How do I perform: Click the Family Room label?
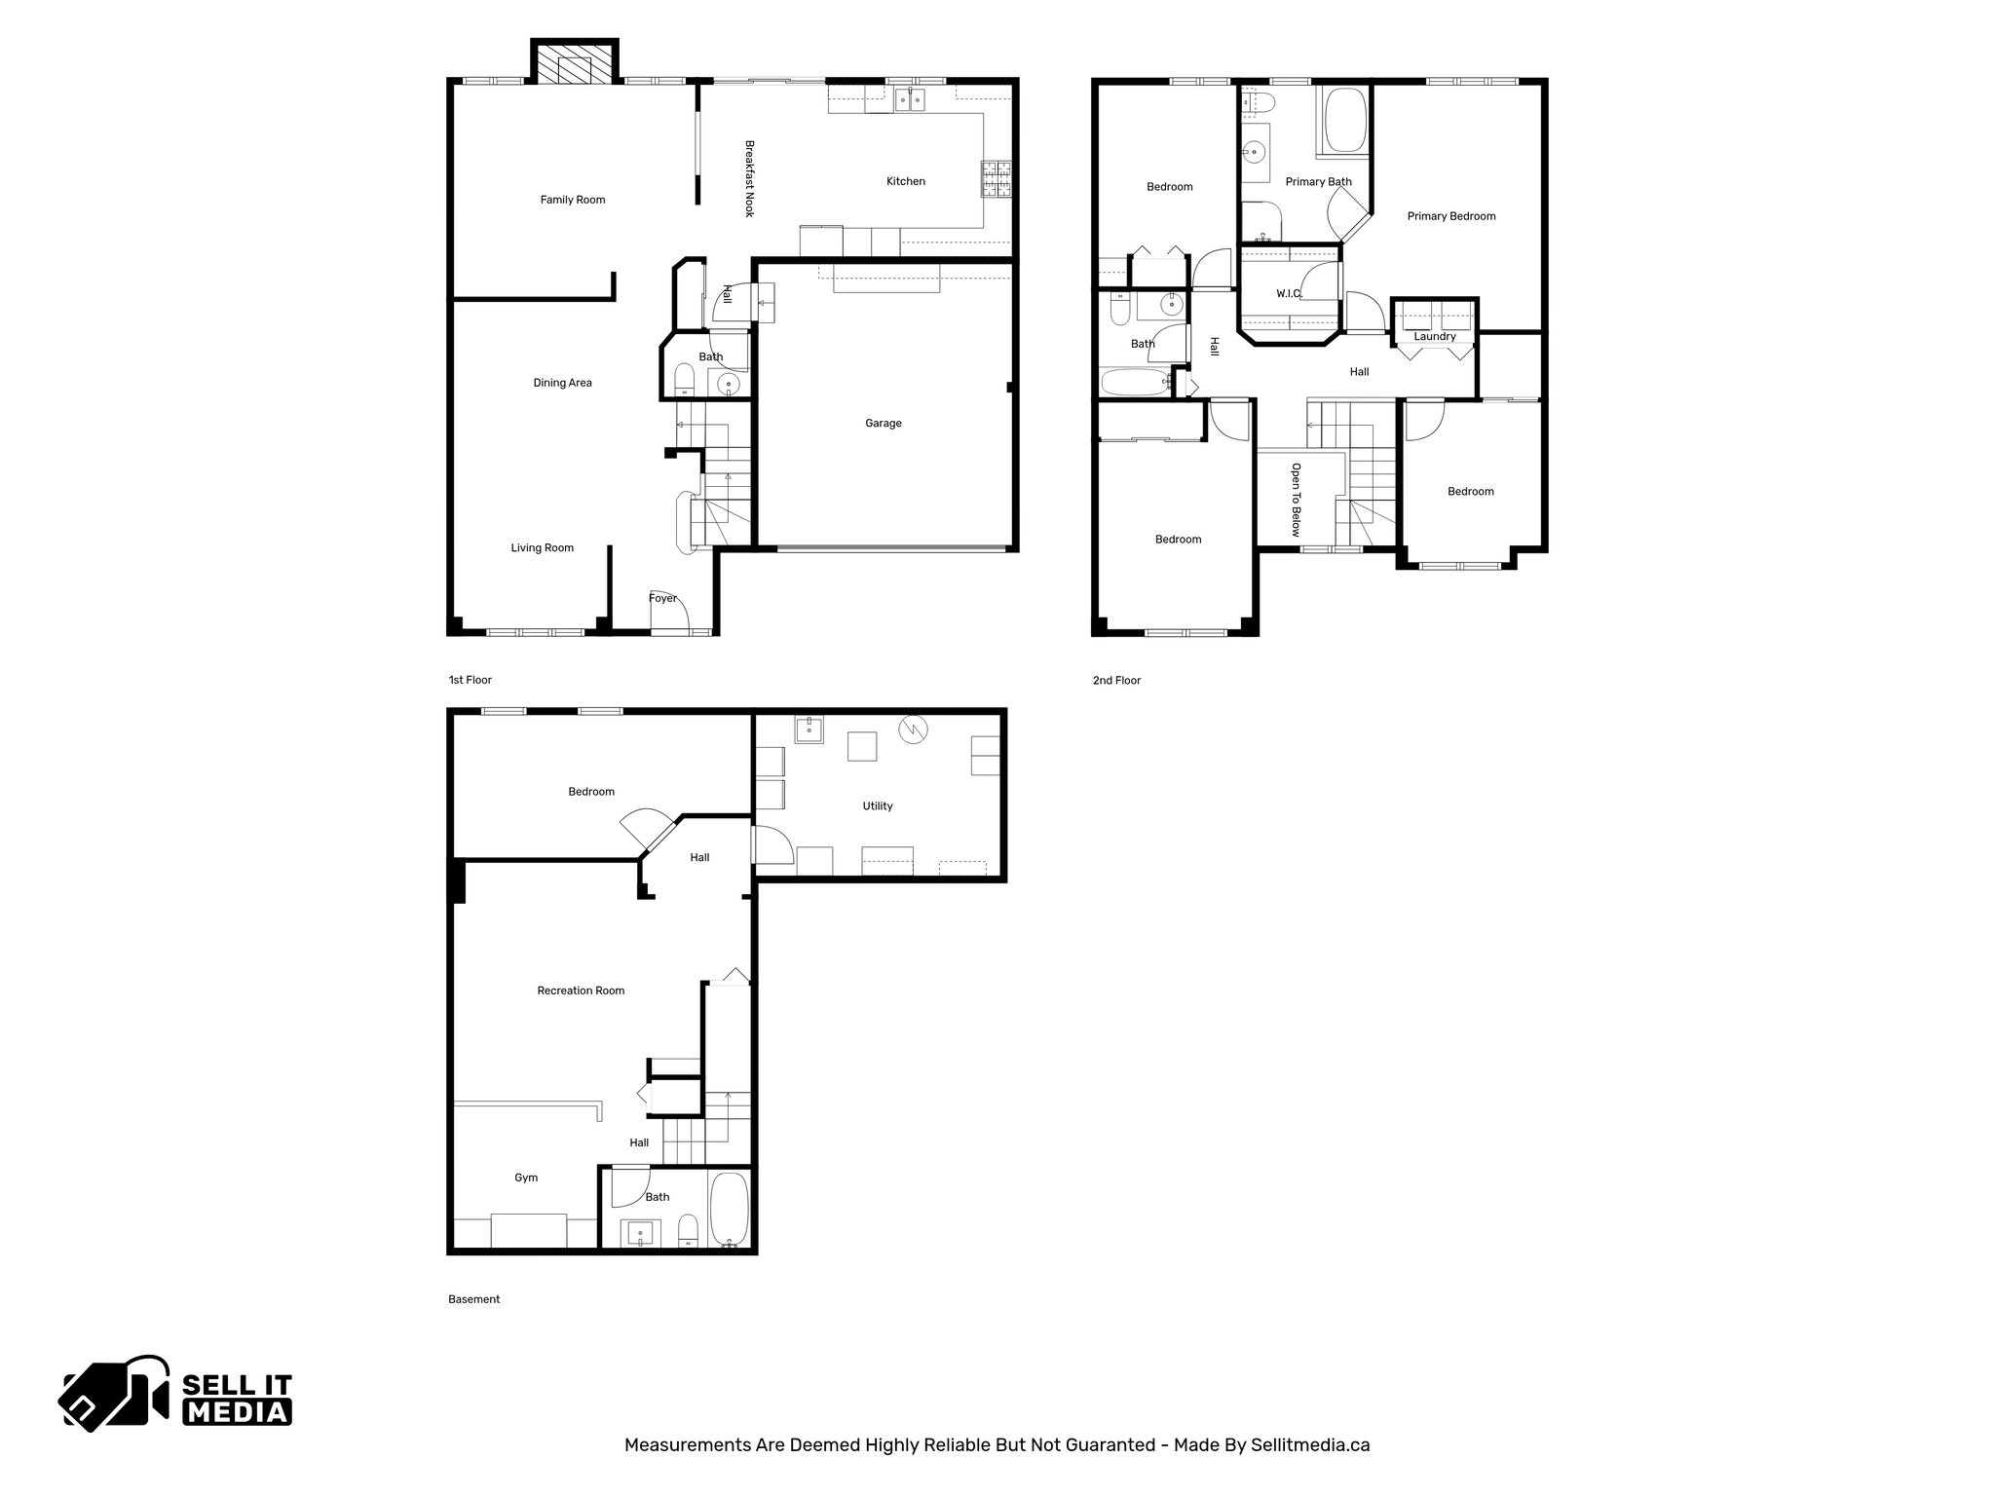coord(573,200)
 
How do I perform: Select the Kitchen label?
coord(905,181)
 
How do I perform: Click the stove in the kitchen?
coord(996,179)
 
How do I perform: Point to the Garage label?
coord(883,424)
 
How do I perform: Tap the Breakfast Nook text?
coord(749,179)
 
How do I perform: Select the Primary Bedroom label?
coord(1450,216)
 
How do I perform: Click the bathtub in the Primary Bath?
coord(1345,122)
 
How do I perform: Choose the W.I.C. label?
coord(1288,293)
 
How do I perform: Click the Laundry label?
coord(1434,337)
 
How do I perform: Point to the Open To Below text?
coord(1296,500)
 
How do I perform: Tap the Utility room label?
coord(877,806)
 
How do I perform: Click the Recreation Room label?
coord(581,991)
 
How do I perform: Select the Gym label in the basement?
coord(526,1178)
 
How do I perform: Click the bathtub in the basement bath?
coord(729,1210)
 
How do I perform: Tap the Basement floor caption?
coord(473,1299)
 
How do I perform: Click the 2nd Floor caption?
coord(1116,681)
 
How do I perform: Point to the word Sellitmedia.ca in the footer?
coord(1310,1445)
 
